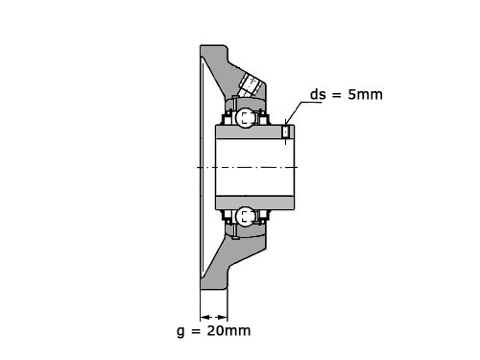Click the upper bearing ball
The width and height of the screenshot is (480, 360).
[246, 117]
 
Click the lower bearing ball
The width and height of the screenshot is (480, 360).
[246, 217]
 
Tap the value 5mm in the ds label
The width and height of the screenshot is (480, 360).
[365, 95]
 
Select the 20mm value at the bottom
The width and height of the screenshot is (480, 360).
[228, 331]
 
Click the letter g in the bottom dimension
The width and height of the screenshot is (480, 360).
[180, 332]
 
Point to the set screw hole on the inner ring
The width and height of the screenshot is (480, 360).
[286, 132]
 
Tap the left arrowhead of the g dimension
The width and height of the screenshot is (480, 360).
[205, 318]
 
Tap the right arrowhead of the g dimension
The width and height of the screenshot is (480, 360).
[223, 318]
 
